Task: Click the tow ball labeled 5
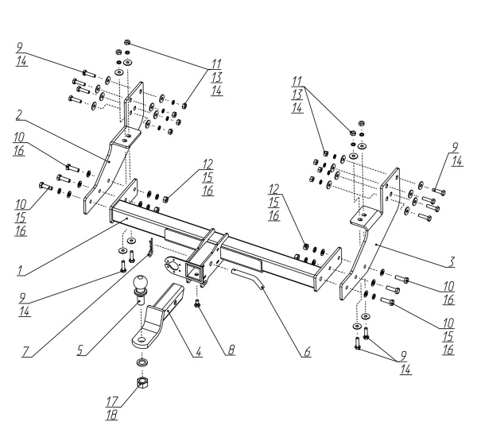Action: click(140, 289)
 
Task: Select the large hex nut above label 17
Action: click(142, 382)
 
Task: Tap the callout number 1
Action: click(20, 270)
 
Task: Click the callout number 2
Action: click(19, 115)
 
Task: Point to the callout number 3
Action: click(452, 262)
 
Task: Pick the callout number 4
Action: click(199, 352)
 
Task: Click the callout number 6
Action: click(307, 351)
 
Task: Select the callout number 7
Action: click(25, 352)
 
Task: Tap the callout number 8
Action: click(231, 350)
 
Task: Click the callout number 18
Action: click(111, 415)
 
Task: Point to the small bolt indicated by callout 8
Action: click(198, 304)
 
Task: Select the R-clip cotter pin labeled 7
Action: click(150, 247)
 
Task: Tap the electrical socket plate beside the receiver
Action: click(173, 265)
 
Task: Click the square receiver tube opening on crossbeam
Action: click(194, 270)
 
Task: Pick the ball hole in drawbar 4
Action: click(142, 339)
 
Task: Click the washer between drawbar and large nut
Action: click(142, 362)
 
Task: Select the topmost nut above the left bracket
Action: click(127, 41)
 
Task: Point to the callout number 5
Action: click(79, 350)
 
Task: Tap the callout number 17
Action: click(111, 402)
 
